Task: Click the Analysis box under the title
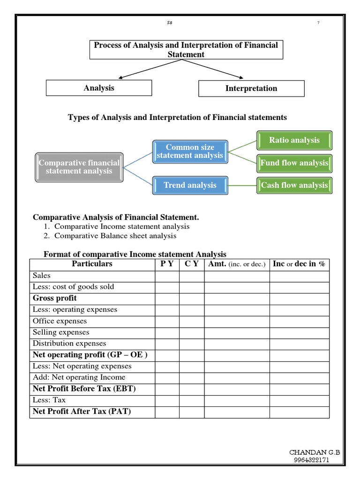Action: [99, 88]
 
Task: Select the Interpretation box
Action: [251, 89]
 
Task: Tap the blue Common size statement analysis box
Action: [190, 151]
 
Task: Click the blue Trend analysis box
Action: [190, 185]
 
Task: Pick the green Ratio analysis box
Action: [294, 140]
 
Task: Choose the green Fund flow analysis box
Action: [294, 163]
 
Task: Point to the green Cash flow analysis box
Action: [294, 185]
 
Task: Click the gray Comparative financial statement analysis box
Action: [79, 167]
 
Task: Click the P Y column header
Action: [167, 264]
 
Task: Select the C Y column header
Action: [191, 264]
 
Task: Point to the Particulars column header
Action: [92, 264]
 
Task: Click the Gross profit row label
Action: [55, 298]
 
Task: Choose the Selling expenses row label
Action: [61, 332]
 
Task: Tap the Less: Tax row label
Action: [49, 400]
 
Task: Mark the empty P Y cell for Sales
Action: [167, 276]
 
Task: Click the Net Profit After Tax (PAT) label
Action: [82, 412]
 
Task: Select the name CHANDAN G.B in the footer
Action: [315, 452]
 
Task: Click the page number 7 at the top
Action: [318, 23]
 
